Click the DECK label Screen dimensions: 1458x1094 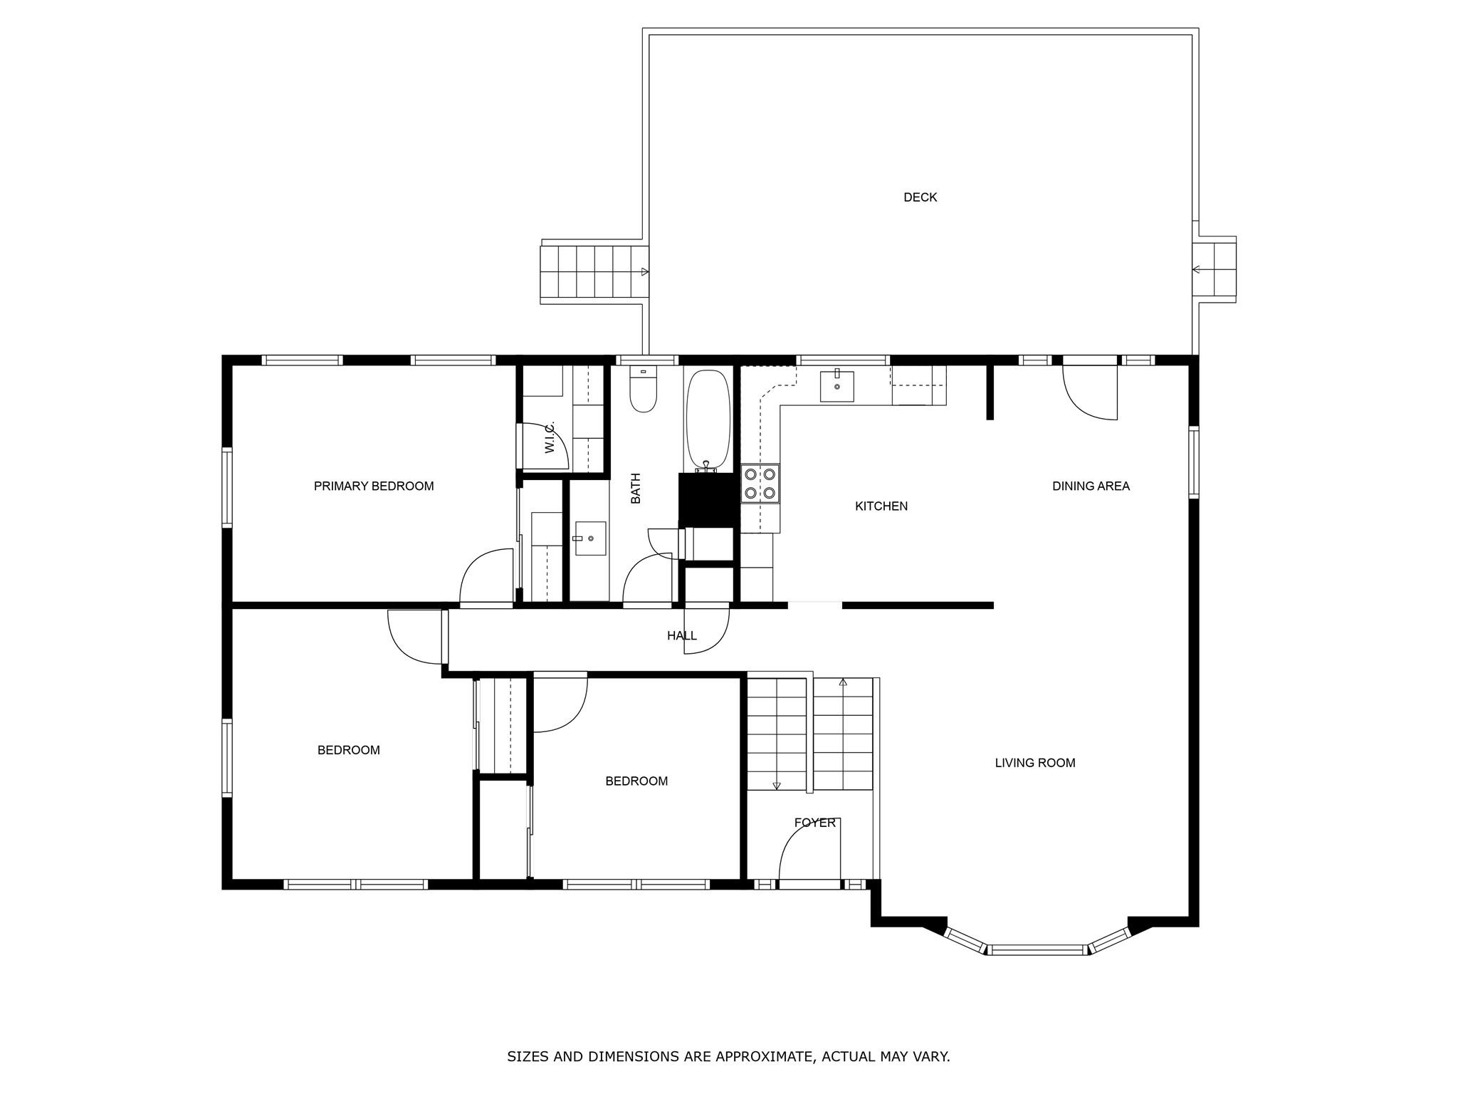tap(920, 197)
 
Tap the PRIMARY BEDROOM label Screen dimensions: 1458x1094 tap(374, 486)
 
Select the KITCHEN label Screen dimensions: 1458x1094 tap(881, 506)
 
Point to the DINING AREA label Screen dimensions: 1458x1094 tap(1091, 486)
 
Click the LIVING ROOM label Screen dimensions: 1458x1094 tap(1035, 763)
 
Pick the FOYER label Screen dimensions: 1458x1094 tap(815, 823)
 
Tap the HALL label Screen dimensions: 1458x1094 tap(682, 636)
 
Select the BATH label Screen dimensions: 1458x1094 tap(636, 489)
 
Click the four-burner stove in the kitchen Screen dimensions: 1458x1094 tap(760, 484)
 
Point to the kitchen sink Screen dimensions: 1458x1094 tap(836, 385)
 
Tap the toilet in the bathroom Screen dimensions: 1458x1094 tap(644, 390)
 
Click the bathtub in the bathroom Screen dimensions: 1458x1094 tap(708, 420)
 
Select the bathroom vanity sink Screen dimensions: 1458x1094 tap(590, 538)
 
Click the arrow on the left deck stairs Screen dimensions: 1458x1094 tap(645, 272)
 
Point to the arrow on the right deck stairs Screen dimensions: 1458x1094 tap(1197, 270)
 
